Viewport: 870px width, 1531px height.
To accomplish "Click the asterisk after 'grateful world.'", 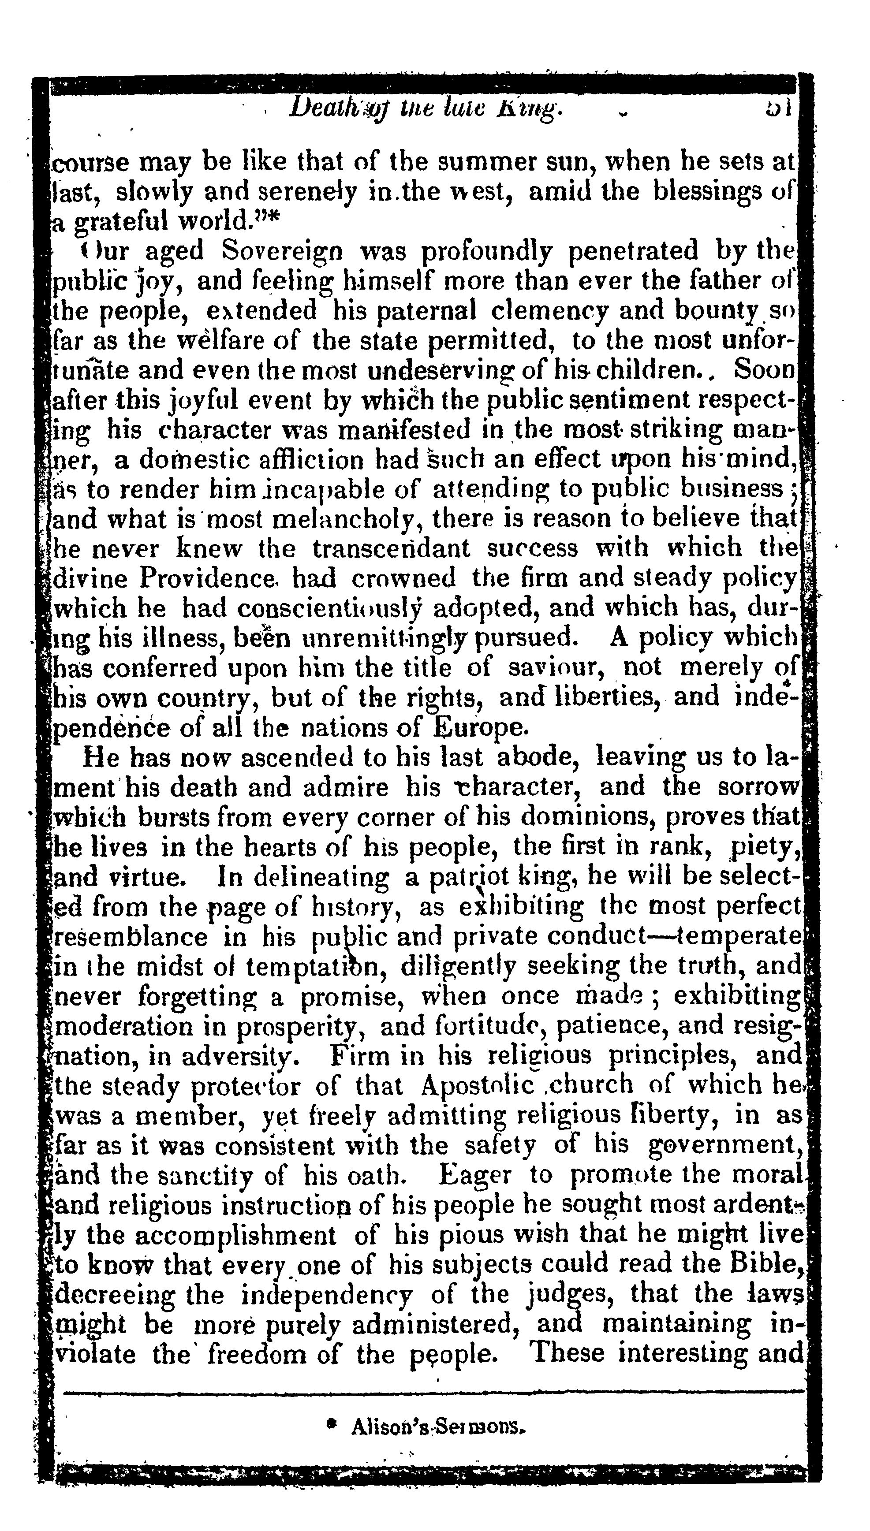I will click(x=274, y=220).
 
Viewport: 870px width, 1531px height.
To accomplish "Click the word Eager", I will click(x=474, y=1175).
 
